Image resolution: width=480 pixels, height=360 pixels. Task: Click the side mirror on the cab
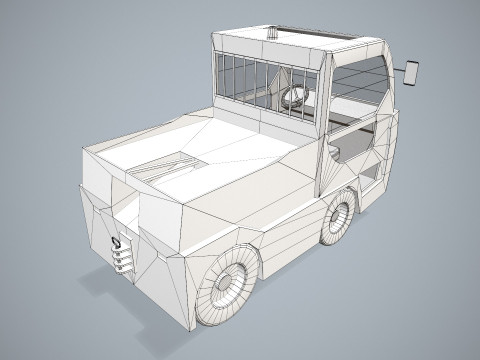(x=412, y=72)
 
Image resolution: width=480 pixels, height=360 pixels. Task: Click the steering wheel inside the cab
(x=296, y=96)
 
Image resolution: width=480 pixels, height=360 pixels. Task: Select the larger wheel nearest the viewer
(x=228, y=285)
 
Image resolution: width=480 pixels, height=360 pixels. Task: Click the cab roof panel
(x=300, y=44)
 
